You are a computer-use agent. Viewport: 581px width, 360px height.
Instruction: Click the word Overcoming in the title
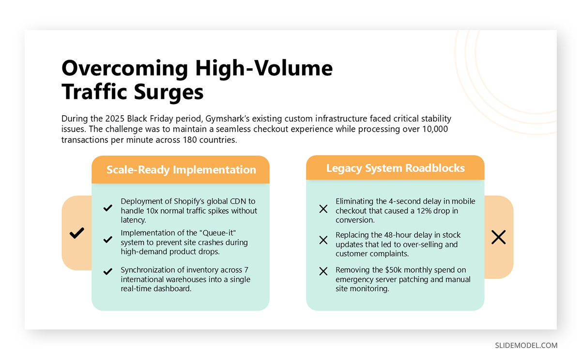point(124,68)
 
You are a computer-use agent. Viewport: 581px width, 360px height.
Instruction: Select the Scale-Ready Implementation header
point(181,170)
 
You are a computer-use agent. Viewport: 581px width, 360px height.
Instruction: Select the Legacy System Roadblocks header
point(395,168)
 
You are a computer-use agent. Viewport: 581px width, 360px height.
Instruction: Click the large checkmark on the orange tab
point(76,233)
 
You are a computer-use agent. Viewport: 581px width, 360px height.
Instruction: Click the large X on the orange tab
point(498,237)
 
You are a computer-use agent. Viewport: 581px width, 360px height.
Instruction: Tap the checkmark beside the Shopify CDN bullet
point(107,208)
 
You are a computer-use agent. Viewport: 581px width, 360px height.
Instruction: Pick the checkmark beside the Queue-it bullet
point(107,239)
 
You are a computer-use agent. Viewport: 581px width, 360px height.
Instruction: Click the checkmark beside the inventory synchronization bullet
point(107,272)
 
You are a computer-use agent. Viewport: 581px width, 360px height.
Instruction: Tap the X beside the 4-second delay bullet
point(323,209)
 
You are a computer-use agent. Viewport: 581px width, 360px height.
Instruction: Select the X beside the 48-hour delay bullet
point(323,240)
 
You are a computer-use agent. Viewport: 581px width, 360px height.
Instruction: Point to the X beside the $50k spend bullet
point(323,272)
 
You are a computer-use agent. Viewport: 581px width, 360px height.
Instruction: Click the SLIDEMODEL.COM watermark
point(526,345)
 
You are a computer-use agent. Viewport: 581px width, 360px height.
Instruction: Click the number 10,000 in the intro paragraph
point(434,129)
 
